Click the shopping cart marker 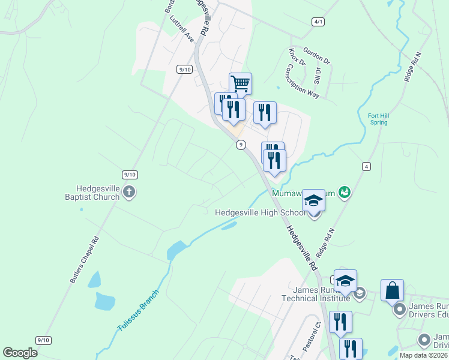[240, 83]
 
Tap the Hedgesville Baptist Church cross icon [128, 192]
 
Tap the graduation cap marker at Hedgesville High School [313, 200]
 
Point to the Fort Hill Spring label [378, 119]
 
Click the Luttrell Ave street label [182, 28]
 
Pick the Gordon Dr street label [316, 57]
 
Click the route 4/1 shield [318, 22]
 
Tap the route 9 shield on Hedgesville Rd [241, 144]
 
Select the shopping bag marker [392, 290]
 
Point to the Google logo [20, 353]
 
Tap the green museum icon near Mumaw [345, 192]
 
